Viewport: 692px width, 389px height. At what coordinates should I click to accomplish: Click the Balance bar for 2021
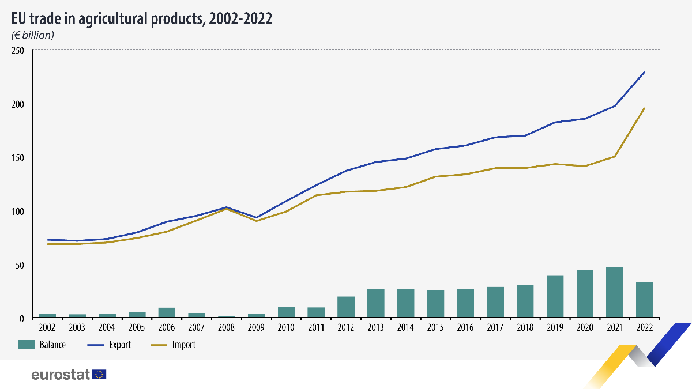click(x=615, y=292)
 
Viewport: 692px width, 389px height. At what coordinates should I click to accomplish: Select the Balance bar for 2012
click(x=346, y=307)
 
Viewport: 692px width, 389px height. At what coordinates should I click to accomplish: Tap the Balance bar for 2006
click(x=167, y=312)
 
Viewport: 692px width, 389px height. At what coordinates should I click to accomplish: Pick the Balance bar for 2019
click(x=555, y=297)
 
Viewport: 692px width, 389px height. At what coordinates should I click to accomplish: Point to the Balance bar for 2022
click(x=644, y=300)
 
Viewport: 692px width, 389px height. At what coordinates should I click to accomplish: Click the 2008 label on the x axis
click(x=226, y=327)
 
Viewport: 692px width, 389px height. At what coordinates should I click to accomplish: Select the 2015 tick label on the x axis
click(x=435, y=327)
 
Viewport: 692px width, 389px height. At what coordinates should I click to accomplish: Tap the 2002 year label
click(x=47, y=327)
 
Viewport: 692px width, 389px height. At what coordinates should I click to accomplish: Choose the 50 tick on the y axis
click(x=20, y=265)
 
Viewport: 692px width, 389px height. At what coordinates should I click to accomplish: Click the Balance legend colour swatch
click(x=27, y=345)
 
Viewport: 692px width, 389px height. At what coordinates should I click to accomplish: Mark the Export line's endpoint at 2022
click(x=644, y=72)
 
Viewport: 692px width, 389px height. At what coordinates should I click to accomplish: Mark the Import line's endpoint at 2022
click(x=644, y=108)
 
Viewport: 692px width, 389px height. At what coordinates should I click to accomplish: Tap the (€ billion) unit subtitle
click(x=33, y=35)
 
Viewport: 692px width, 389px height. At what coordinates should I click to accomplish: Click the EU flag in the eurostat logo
click(x=99, y=375)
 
